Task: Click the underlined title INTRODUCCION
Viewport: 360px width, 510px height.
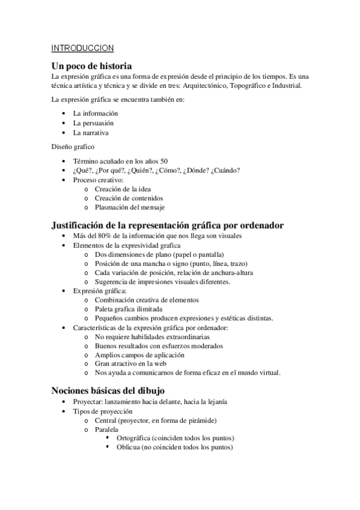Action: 82,48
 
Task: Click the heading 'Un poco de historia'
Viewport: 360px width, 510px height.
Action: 91,66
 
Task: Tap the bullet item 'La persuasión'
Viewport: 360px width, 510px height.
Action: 93,123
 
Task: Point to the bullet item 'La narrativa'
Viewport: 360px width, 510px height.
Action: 91,132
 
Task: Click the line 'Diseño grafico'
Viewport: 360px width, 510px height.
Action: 72,146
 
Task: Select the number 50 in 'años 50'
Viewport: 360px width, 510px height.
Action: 164,161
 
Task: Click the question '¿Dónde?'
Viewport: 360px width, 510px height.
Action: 195,170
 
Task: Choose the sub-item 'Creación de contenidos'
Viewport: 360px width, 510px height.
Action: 129,198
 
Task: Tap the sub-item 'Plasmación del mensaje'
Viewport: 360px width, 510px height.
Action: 129,207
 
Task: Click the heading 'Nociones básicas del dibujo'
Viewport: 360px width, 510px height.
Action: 108,390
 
